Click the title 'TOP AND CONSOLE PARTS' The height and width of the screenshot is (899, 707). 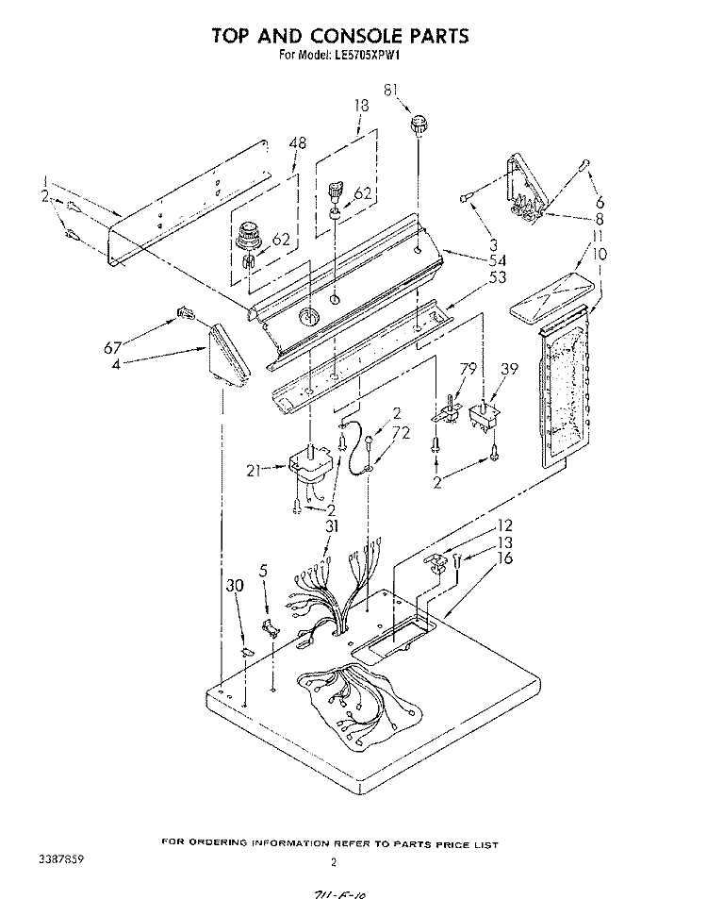click(338, 36)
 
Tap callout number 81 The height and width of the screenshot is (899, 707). click(391, 91)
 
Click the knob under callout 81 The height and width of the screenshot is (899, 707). click(418, 123)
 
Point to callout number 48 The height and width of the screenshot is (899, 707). click(298, 143)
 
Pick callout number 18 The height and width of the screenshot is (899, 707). click(360, 107)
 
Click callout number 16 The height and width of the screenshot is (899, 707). click(506, 558)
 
